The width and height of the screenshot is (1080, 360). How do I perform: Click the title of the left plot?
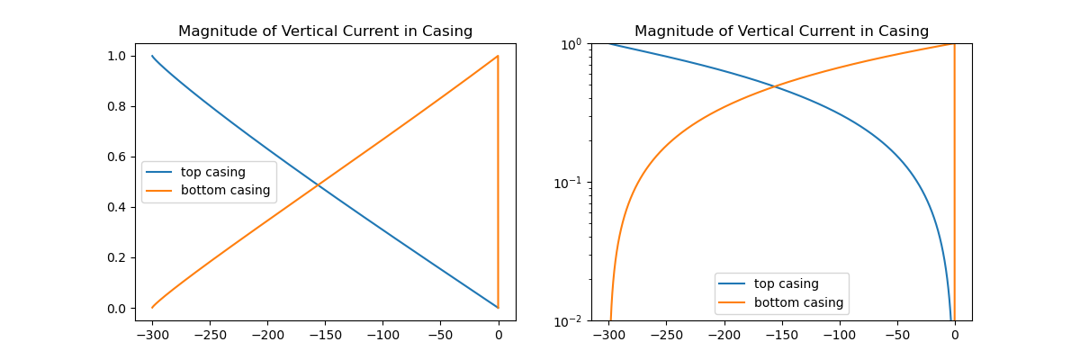(x=325, y=31)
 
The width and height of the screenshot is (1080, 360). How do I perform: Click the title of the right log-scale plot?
(x=781, y=31)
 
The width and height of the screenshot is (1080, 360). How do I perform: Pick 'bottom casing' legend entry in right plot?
(x=798, y=303)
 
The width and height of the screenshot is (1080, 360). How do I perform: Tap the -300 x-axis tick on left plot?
(x=152, y=335)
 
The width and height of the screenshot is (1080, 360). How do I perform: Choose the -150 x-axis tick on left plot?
(x=325, y=335)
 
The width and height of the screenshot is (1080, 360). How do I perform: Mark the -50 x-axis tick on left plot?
(x=440, y=335)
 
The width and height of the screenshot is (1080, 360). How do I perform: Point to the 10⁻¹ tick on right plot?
(x=568, y=183)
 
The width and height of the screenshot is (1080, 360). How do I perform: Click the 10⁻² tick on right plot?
(x=568, y=321)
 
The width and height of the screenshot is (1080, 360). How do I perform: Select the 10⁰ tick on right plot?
(x=572, y=44)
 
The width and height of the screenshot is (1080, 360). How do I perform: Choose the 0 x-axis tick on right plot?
(x=954, y=335)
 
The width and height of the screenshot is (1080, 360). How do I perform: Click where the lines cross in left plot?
(x=319, y=184)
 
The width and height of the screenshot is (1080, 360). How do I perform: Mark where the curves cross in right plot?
(x=775, y=86)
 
